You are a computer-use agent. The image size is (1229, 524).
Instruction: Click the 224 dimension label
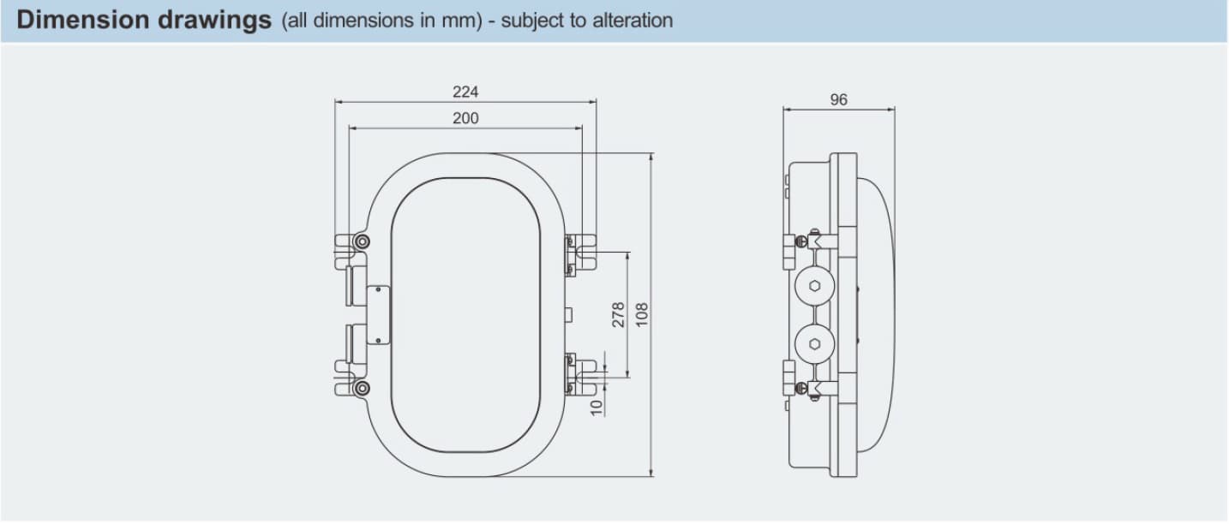point(465,92)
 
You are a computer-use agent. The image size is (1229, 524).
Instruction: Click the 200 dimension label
point(465,118)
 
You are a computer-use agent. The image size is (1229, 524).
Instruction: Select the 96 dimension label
point(838,100)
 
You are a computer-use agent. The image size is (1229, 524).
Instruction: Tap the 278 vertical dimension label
point(618,314)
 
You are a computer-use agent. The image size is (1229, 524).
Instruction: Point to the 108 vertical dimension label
point(642,314)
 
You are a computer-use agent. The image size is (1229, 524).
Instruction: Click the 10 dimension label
point(597,408)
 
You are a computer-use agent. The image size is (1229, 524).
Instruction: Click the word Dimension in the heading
point(83,20)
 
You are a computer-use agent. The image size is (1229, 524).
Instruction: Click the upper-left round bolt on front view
point(362,241)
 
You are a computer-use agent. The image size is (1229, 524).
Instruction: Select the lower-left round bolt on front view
point(362,388)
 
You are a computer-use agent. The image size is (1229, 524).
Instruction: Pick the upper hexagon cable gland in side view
point(815,286)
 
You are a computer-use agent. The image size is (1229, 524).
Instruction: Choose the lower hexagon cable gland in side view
point(815,343)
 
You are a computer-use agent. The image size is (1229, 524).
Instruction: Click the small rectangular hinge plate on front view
point(377,315)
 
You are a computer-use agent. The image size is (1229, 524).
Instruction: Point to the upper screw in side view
point(801,241)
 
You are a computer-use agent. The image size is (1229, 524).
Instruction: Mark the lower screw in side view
point(801,388)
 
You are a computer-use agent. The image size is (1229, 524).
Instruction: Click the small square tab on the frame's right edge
point(568,314)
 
